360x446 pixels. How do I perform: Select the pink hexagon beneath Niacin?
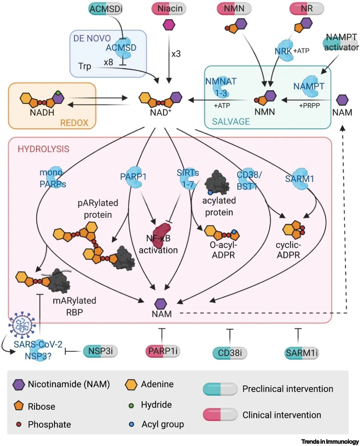point(169,25)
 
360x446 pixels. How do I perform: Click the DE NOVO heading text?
point(92,38)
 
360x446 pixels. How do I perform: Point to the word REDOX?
point(74,123)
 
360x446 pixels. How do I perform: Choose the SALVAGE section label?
point(231,121)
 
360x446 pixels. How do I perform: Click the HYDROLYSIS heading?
point(43,149)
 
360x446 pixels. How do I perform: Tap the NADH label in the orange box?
point(42,112)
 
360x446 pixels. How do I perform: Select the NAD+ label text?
point(160,112)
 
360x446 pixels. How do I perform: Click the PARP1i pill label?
point(163,351)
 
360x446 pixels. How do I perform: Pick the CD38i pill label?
point(230,353)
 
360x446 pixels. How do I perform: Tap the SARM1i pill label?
point(302,353)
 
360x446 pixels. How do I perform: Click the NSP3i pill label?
point(100,351)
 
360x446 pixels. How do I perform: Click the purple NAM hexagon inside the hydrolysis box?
point(161,304)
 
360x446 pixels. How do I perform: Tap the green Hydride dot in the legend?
point(131,406)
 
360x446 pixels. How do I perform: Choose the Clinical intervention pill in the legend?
point(220,415)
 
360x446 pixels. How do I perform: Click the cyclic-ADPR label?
point(288,250)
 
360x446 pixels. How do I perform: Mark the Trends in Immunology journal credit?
point(330,441)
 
